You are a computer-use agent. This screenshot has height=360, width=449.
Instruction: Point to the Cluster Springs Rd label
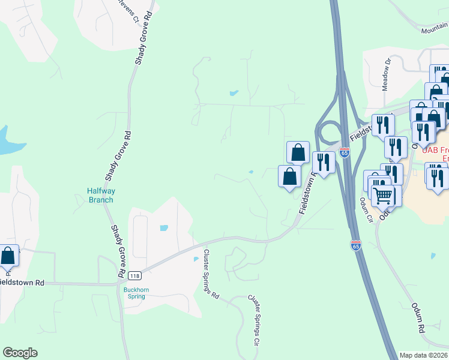point(211,275)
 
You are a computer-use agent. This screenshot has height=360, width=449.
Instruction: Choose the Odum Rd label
point(418,319)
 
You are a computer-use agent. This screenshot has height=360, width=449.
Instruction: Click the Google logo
point(20,353)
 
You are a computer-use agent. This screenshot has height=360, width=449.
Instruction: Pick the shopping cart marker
point(383,194)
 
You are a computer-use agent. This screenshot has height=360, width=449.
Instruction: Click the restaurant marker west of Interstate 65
point(324,163)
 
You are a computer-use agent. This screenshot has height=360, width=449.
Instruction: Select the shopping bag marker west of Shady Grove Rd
point(8,256)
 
